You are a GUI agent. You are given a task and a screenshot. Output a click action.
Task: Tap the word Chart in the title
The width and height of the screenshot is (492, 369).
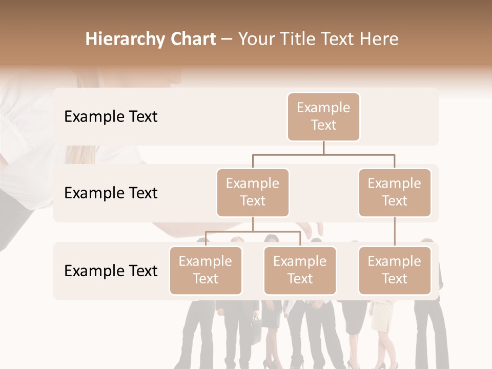193,39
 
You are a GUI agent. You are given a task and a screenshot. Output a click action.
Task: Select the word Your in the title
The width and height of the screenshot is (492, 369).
256,39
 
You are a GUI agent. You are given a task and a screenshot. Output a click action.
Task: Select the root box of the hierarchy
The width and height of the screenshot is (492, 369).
323,116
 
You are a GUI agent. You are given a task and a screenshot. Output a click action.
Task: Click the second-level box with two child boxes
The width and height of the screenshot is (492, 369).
253,192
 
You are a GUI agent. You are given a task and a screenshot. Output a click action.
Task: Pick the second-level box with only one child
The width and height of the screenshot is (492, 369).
395,192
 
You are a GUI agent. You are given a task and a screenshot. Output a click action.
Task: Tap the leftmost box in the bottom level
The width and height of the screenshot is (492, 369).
206,270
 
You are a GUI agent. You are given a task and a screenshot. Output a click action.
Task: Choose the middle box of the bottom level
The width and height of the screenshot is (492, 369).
300,270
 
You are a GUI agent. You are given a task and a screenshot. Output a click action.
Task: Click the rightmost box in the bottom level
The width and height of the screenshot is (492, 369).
395,270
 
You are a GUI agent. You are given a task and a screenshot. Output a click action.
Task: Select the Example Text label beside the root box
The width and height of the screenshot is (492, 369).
111,117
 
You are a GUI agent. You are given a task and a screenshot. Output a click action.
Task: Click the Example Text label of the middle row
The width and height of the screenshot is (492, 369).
111,193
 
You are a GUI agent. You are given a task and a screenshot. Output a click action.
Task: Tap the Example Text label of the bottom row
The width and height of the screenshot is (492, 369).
111,271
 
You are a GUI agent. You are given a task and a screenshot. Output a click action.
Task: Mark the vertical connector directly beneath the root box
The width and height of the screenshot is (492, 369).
323,148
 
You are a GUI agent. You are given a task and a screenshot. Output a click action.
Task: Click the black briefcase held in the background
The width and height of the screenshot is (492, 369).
255,329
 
